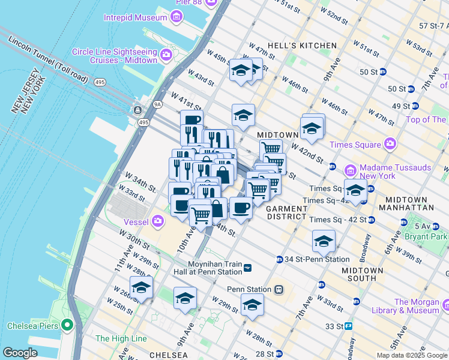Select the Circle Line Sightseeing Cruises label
click(x=115, y=56)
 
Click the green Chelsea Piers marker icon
click(x=67, y=326)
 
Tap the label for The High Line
click(x=121, y=338)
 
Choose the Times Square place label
click(x=355, y=145)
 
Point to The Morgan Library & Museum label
click(x=417, y=306)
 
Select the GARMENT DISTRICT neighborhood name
click(x=287, y=212)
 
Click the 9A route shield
click(x=157, y=104)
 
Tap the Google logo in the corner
click(x=20, y=352)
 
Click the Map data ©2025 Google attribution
click(x=411, y=355)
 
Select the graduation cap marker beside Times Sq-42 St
click(x=356, y=190)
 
